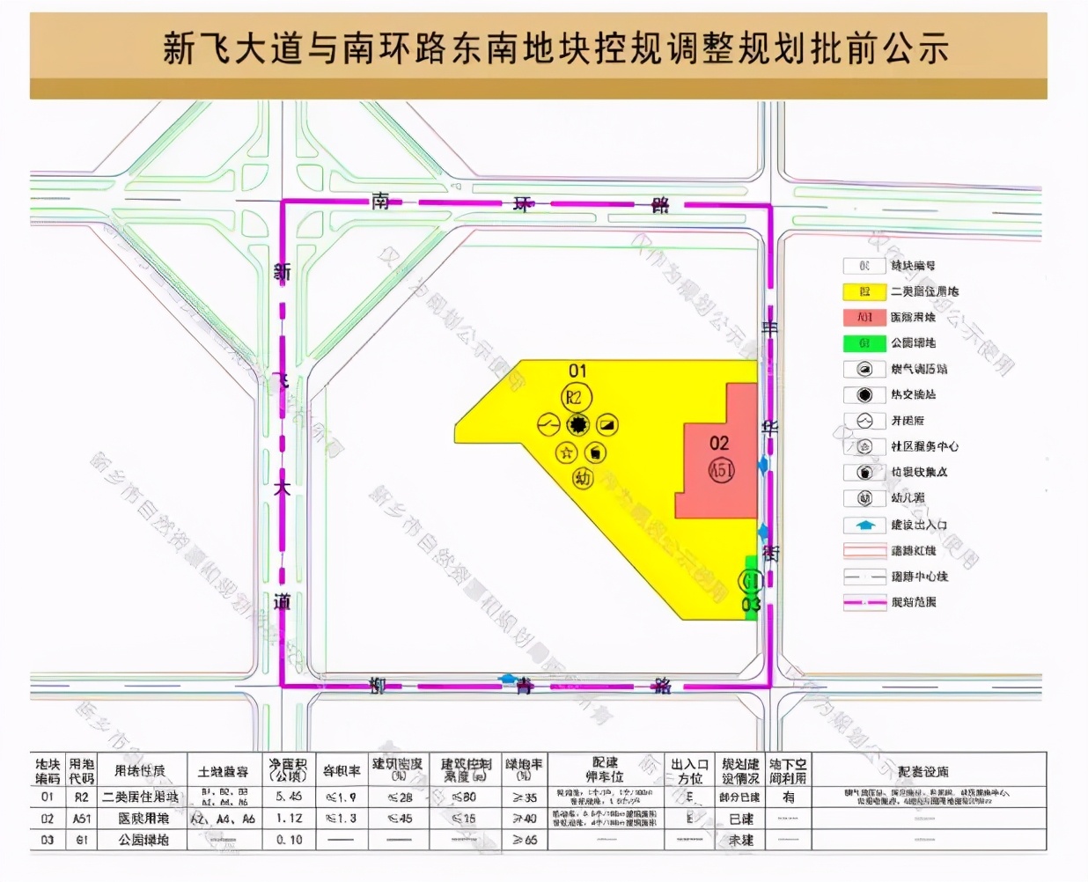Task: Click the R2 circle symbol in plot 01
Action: point(575,398)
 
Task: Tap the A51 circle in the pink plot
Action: point(721,469)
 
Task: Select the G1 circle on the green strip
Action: point(750,581)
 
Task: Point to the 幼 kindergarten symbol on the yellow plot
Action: point(583,478)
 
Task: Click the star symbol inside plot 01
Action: point(566,452)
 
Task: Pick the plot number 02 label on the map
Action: point(719,443)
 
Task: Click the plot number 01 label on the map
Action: point(577,371)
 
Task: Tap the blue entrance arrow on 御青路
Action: point(509,679)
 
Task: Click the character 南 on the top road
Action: point(380,202)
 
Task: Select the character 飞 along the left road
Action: point(282,380)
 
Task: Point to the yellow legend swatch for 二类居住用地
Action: point(864,291)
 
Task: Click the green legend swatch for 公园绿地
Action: point(864,343)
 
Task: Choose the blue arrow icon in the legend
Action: point(864,525)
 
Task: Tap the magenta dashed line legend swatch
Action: point(864,602)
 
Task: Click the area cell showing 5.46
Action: point(289,797)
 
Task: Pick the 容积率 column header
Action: point(341,771)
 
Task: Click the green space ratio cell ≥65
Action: point(525,840)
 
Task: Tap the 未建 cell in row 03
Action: point(740,841)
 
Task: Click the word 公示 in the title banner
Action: point(915,48)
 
